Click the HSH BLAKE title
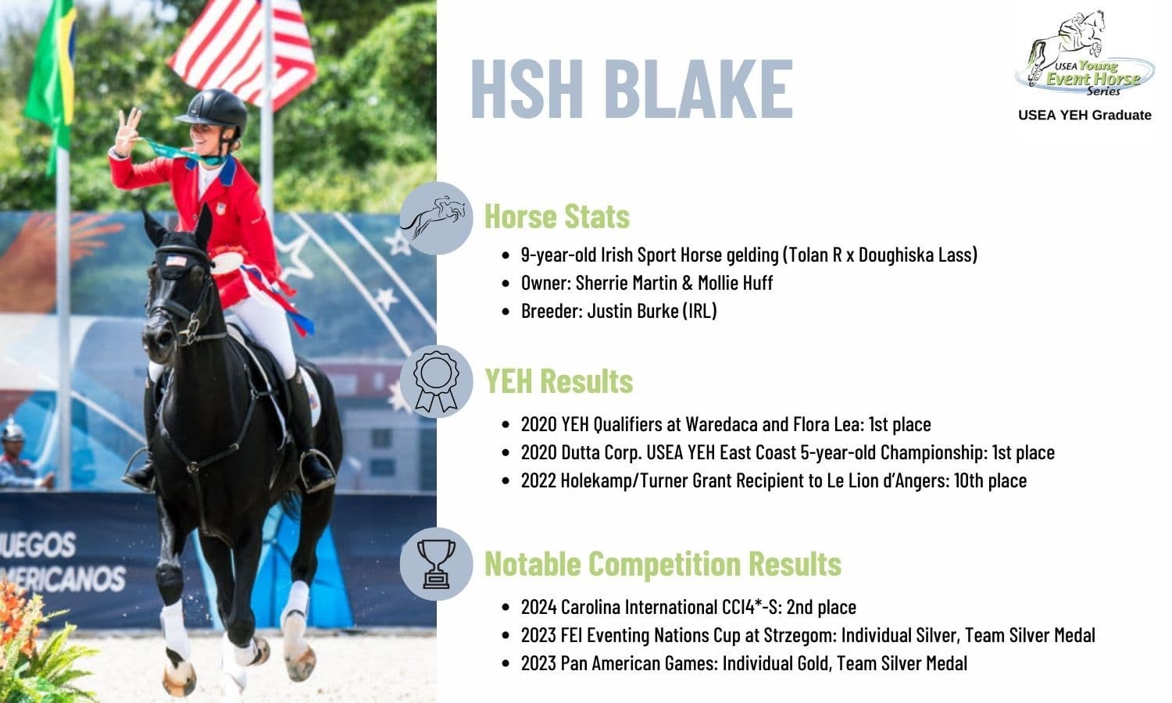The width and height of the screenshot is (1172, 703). coord(632,88)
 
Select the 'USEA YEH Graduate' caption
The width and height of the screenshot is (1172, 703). coord(1084,115)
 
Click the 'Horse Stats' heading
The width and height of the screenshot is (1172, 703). coord(556,216)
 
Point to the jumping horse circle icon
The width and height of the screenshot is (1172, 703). coord(436,218)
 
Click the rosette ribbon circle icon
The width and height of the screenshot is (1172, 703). coord(436,381)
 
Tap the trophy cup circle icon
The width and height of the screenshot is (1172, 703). coord(436,564)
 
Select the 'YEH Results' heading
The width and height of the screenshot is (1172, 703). coord(559,380)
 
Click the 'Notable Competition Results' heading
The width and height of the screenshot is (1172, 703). coord(663,563)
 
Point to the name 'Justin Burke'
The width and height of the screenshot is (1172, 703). coord(633,311)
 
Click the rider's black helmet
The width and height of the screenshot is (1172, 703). coord(215,110)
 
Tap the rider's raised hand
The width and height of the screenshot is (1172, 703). coord(127,130)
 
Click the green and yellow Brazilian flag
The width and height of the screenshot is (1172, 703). coord(52,78)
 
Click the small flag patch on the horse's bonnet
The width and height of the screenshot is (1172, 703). coord(176,260)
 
